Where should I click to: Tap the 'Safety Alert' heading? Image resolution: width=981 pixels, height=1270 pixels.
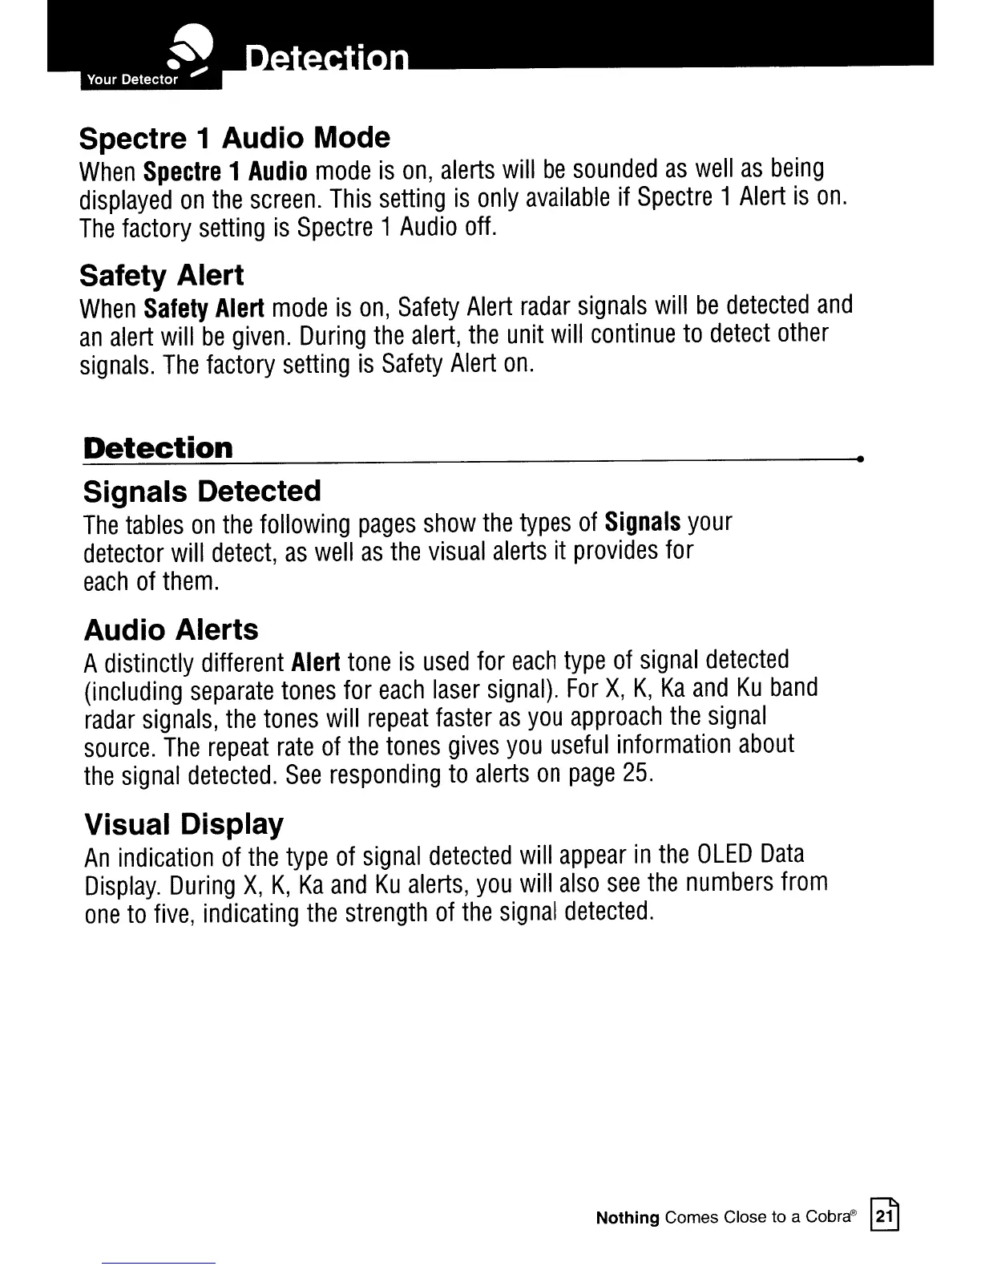pos(161,275)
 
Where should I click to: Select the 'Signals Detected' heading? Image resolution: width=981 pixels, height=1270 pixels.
pos(202,491)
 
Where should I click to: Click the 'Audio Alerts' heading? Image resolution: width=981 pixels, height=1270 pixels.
pos(171,629)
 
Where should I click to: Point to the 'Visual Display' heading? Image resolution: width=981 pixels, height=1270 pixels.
pos(184,823)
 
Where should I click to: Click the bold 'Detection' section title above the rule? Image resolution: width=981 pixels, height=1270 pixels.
pos(158,447)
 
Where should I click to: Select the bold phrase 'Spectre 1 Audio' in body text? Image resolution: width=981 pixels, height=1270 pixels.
pos(227,170)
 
